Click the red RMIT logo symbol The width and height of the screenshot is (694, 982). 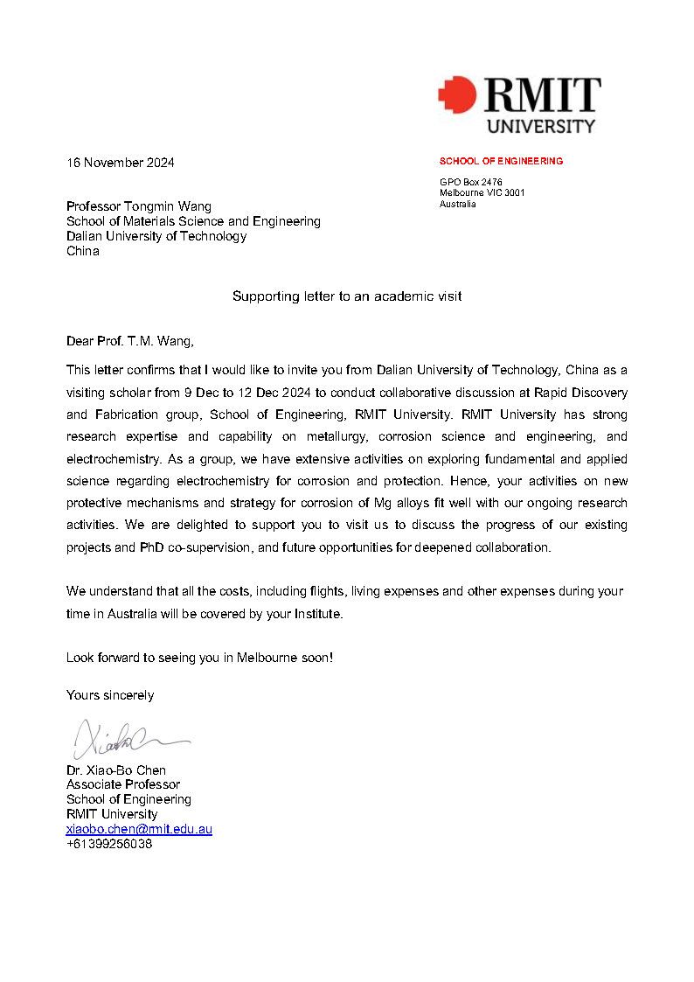click(x=457, y=94)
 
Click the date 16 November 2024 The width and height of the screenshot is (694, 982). click(x=121, y=163)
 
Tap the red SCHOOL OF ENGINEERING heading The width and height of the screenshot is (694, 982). click(x=501, y=161)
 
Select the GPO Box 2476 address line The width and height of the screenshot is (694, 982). click(x=470, y=182)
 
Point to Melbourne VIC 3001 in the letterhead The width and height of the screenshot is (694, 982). click(x=482, y=192)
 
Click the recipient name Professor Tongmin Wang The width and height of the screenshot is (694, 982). click(x=139, y=206)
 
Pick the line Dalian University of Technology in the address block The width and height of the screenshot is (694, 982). click(x=156, y=236)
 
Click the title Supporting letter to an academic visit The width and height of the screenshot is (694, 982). click(x=346, y=296)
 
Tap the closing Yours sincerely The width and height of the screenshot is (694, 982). click(x=110, y=695)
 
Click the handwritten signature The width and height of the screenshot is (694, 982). click(x=122, y=740)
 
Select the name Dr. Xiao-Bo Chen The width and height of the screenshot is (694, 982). click(x=116, y=770)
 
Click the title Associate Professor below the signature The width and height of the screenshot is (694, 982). click(x=123, y=784)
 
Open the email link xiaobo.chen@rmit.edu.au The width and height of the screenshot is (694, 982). click(x=139, y=829)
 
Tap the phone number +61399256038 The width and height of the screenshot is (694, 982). click(x=109, y=844)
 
